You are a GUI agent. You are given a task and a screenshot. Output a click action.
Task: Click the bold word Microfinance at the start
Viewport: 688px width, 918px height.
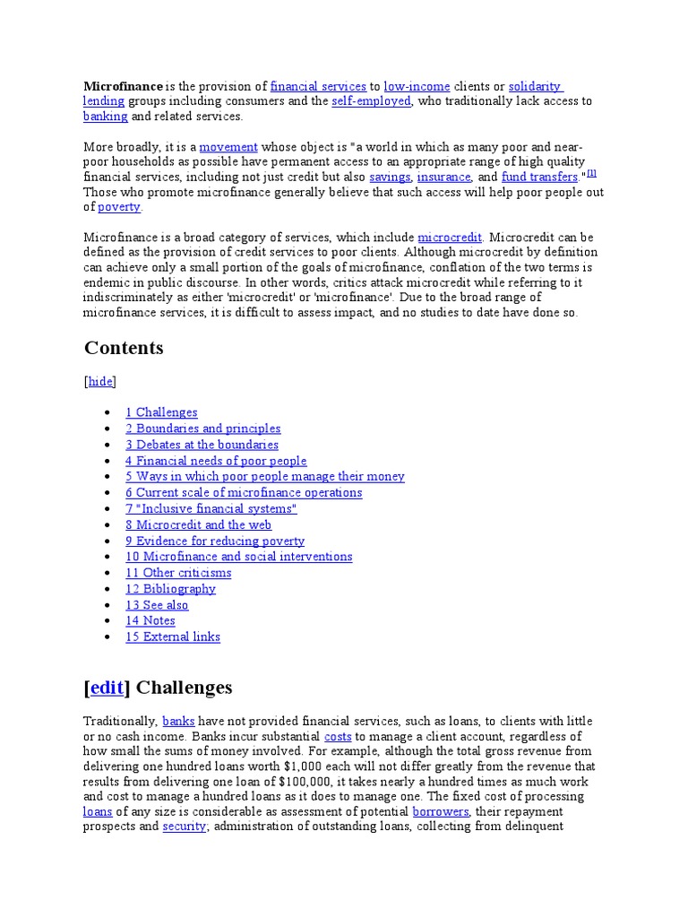(x=124, y=86)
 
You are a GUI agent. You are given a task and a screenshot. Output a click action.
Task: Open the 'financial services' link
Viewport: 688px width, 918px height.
(x=318, y=86)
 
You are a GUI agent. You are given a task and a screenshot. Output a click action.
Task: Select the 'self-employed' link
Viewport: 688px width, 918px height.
(x=371, y=101)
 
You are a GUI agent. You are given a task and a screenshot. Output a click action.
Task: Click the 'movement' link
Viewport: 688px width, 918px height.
(x=228, y=146)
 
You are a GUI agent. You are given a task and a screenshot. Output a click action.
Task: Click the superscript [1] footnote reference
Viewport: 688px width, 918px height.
(x=591, y=173)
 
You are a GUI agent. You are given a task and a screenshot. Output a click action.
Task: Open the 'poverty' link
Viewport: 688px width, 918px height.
(x=119, y=207)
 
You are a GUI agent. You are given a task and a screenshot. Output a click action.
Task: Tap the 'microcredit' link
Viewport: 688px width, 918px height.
(x=450, y=237)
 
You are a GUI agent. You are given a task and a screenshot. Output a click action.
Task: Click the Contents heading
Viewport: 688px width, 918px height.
(x=124, y=348)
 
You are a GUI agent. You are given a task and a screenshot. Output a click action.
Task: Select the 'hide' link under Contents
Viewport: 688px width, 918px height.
(x=100, y=381)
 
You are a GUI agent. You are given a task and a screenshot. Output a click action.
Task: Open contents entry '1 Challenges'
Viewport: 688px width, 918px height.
(x=161, y=412)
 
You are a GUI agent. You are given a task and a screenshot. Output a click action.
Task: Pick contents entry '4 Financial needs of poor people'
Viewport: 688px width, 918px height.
(x=216, y=461)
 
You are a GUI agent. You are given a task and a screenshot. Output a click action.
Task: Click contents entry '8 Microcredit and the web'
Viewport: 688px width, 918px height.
(x=198, y=524)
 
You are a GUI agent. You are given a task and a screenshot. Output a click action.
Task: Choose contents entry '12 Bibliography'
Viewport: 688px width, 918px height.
(x=170, y=589)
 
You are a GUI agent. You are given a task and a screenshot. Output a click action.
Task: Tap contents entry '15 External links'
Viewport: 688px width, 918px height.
(x=172, y=637)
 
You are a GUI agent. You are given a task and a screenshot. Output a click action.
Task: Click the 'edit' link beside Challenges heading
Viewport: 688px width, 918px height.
(x=107, y=688)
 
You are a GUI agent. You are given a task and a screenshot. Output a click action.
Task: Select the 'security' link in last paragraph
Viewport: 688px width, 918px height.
(x=185, y=827)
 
